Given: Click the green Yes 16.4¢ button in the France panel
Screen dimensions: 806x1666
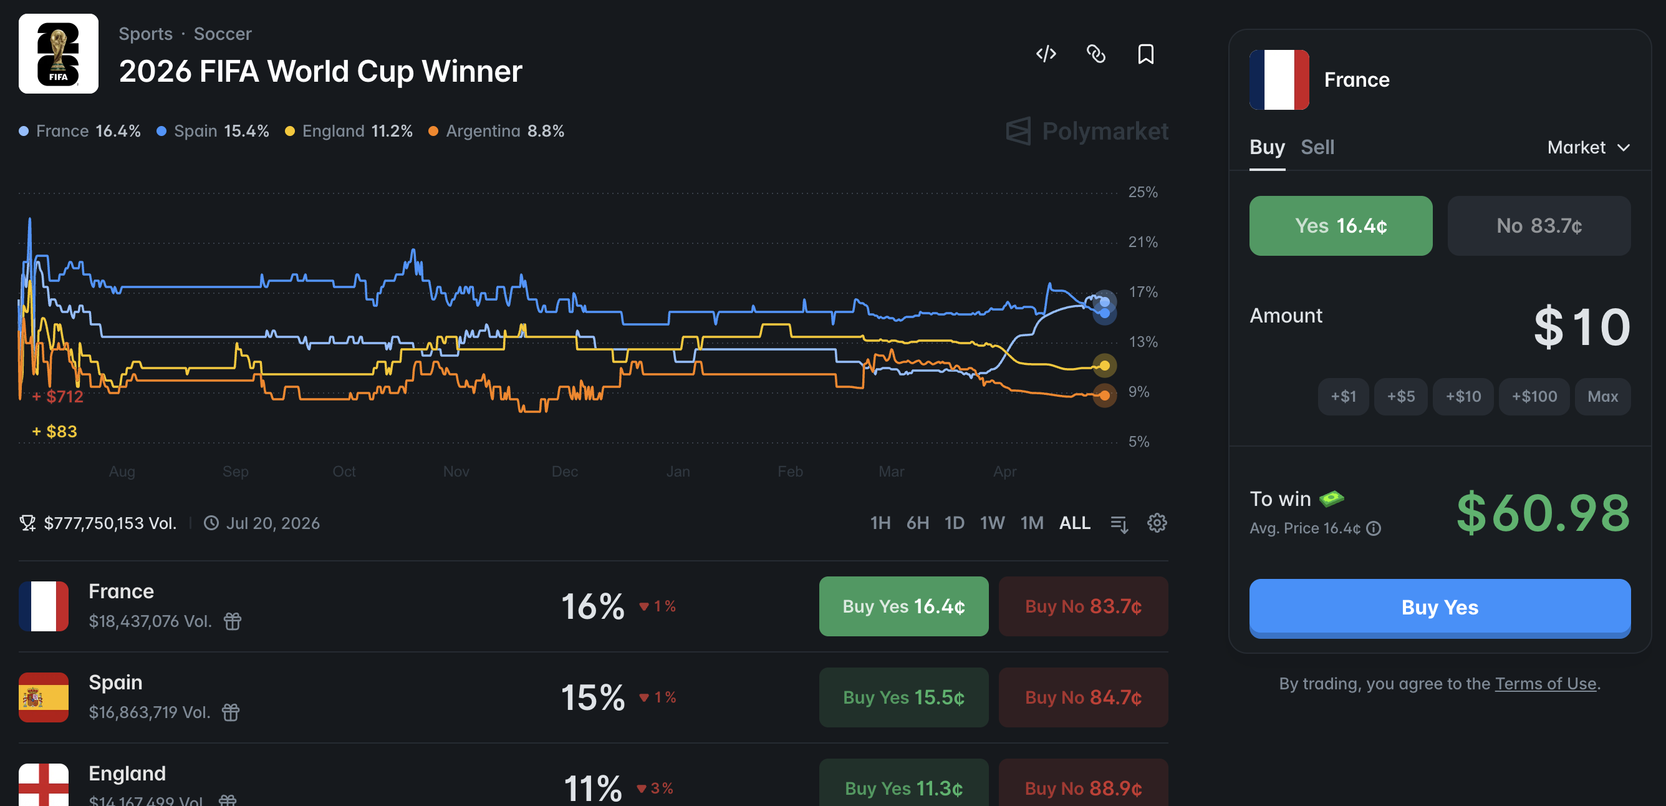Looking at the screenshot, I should tap(1340, 226).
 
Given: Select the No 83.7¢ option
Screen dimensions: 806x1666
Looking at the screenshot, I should tap(1538, 226).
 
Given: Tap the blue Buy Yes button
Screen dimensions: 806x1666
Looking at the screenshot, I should tap(1439, 607).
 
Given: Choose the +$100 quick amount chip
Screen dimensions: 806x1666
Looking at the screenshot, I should tap(1533, 396).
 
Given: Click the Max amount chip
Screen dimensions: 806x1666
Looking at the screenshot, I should tap(1602, 396).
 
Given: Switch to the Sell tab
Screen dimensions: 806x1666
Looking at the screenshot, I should tap(1317, 147).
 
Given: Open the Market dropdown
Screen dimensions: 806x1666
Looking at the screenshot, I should tap(1587, 147).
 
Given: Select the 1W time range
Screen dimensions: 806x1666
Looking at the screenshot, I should tap(991, 523).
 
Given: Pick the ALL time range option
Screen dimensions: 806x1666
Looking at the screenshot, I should tap(1074, 523).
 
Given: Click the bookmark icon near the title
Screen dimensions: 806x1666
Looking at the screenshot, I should tap(1145, 54).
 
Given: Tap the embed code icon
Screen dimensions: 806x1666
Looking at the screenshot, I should tap(1046, 54).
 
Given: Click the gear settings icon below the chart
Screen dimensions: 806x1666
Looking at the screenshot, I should tap(1157, 523).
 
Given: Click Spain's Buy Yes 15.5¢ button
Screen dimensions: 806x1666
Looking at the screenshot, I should tap(903, 697).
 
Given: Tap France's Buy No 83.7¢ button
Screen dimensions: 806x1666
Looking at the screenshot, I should tap(1082, 606).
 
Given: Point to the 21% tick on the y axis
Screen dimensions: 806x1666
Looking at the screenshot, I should tap(1142, 242).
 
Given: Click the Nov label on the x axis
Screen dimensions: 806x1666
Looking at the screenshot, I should tap(456, 472).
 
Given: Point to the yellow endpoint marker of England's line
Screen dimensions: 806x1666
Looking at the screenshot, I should tap(1104, 366).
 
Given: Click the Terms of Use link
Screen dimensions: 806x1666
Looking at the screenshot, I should tap(1545, 684).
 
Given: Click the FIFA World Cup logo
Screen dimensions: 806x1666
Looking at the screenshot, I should tap(58, 54).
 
